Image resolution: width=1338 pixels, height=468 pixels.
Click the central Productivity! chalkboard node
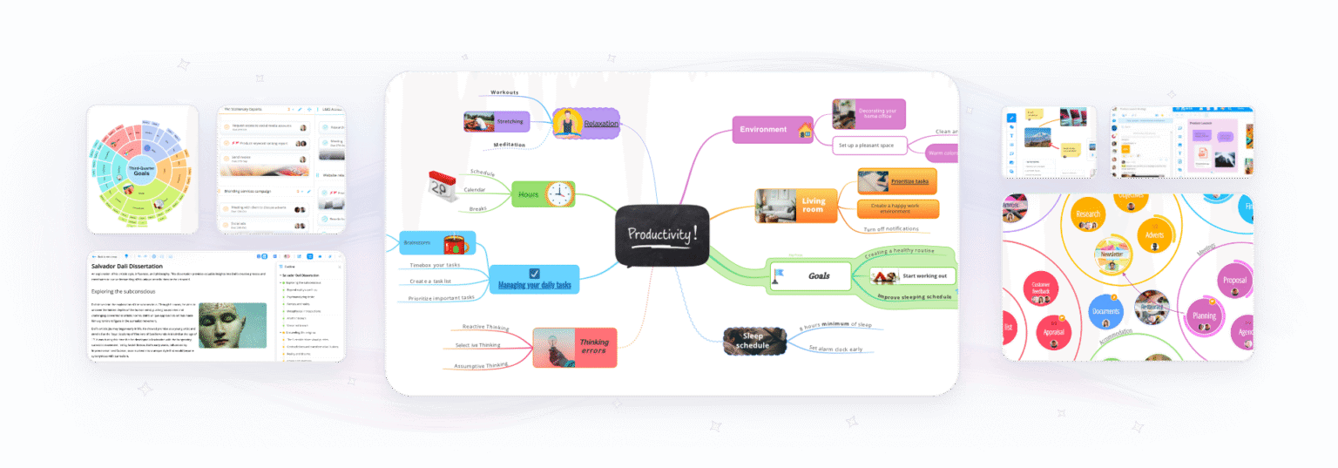tap(662, 235)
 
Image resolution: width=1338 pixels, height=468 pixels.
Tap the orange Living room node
tap(812, 206)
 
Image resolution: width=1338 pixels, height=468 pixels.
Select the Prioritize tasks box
tap(909, 181)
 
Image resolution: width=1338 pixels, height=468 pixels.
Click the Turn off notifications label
tap(890, 229)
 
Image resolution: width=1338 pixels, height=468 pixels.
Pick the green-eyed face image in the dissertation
tap(233, 325)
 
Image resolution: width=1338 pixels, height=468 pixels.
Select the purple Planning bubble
tap(1205, 316)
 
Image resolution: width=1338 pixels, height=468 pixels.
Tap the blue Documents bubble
tap(1105, 310)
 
